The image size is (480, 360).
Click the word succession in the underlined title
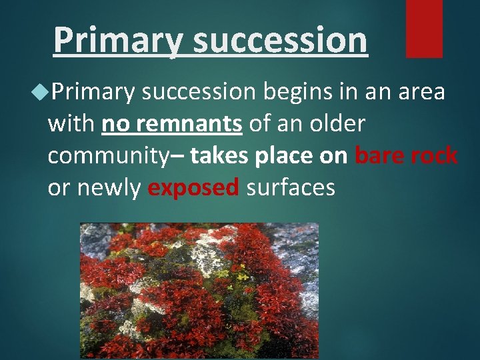click(280, 41)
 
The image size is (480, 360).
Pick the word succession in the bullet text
click(199, 92)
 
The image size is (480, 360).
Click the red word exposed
click(193, 188)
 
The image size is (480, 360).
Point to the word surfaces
click(291, 188)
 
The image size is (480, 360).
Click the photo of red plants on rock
click(199, 290)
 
